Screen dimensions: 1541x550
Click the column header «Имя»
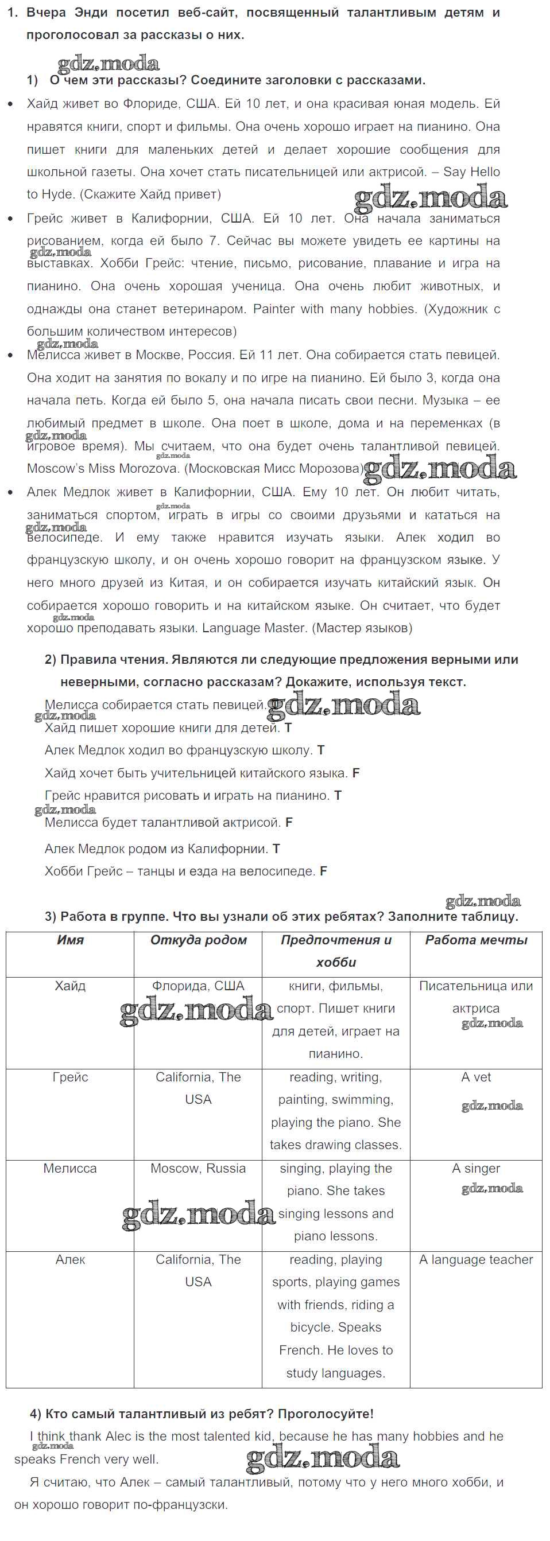point(70,940)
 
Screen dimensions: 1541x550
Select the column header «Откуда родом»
point(198,940)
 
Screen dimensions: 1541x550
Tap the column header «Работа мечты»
point(476,940)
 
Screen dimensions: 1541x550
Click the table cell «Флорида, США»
point(198,986)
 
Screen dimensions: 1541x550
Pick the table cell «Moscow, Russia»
point(198,1168)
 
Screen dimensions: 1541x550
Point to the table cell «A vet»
point(476,1077)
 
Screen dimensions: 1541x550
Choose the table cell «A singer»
point(476,1168)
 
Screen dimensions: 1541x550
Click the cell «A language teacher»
point(476,1259)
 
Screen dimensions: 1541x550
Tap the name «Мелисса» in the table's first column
point(70,1168)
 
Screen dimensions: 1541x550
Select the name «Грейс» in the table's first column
point(70,1077)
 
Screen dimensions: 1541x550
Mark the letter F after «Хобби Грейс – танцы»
point(323,871)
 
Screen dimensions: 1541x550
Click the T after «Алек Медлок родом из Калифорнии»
point(276,849)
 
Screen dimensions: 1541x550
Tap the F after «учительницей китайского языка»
point(355,773)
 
